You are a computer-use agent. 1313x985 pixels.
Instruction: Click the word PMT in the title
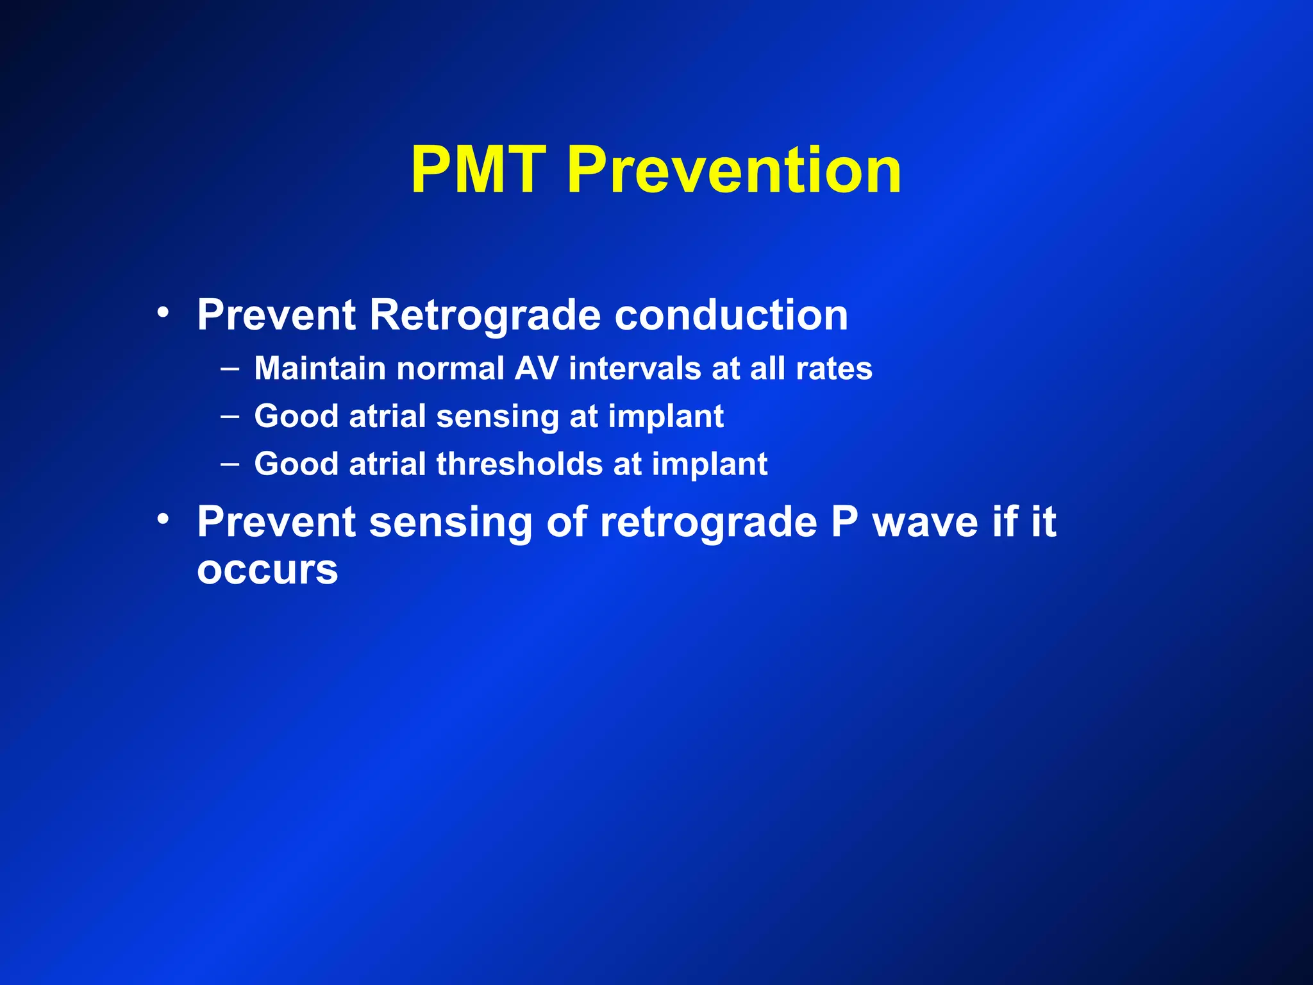(478, 170)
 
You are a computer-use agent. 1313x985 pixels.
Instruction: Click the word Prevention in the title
(734, 170)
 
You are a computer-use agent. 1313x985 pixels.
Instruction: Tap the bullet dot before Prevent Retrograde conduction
(163, 312)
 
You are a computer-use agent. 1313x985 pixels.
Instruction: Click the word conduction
(731, 316)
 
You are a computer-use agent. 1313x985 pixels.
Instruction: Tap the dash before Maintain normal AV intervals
(230, 369)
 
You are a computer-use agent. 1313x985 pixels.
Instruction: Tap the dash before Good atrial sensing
(230, 417)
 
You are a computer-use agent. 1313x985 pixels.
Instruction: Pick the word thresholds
(519, 464)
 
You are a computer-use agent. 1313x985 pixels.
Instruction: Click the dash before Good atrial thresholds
(230, 464)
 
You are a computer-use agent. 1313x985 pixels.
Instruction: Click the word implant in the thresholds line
(710, 465)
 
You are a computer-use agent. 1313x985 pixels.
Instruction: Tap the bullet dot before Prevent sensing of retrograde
(163, 519)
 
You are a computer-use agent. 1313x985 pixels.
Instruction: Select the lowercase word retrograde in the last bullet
(708, 523)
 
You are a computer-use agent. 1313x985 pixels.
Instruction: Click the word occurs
(267, 570)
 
